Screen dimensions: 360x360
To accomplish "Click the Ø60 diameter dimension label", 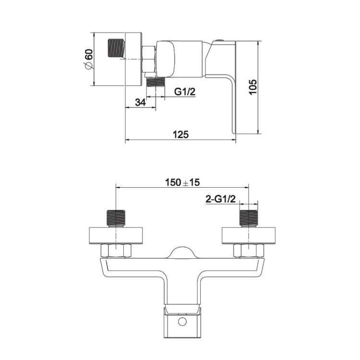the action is click(89, 59).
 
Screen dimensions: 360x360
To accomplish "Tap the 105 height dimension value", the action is click(253, 87).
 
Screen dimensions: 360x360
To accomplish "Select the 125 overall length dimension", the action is click(180, 134).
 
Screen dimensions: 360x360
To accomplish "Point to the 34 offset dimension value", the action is click(140, 102).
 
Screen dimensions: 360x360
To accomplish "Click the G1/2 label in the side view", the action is click(185, 92).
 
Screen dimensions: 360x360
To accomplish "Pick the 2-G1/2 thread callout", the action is click(220, 199).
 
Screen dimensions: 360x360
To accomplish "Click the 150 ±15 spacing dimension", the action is click(182, 182).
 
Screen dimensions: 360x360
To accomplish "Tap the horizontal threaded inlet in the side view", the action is click(117, 48).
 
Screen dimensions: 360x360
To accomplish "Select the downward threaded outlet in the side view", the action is click(156, 82).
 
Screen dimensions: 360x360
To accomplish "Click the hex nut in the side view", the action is click(149, 60).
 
